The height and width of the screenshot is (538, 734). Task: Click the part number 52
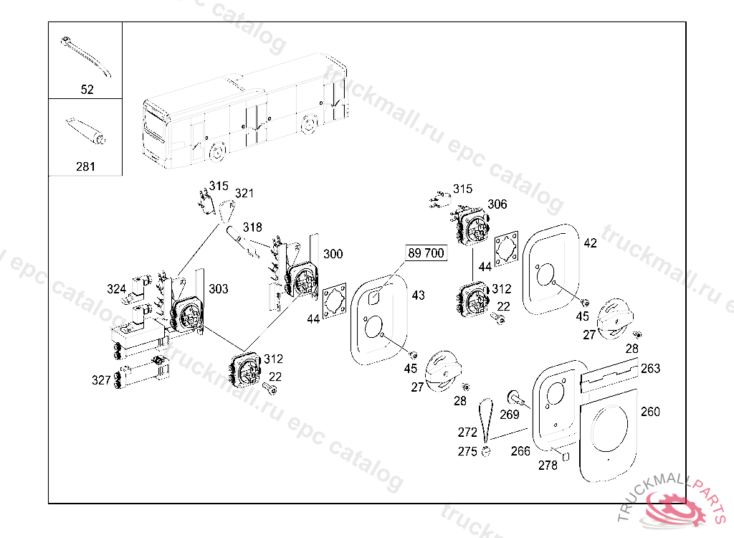tap(87, 90)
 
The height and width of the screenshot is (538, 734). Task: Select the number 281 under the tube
tap(85, 166)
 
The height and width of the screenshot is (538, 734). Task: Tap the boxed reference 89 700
tap(426, 253)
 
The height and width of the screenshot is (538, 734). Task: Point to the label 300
tap(333, 254)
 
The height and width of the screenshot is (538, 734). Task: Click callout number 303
tap(218, 288)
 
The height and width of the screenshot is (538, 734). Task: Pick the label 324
tap(117, 289)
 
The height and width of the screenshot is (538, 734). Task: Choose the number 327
tap(100, 379)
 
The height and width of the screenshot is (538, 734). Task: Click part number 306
tap(497, 204)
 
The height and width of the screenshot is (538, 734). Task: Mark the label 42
tap(590, 243)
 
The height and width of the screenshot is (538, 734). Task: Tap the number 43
tap(418, 295)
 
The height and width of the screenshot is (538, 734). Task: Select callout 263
tap(650, 368)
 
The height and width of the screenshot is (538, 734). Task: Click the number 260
tap(650, 412)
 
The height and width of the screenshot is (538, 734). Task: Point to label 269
tap(509, 414)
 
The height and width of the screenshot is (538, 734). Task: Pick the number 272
tap(467, 433)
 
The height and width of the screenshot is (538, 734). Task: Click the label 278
tap(548, 465)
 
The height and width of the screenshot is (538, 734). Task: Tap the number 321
tap(244, 193)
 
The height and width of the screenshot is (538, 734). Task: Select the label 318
tap(252, 227)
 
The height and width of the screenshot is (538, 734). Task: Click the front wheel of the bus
tap(216, 152)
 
